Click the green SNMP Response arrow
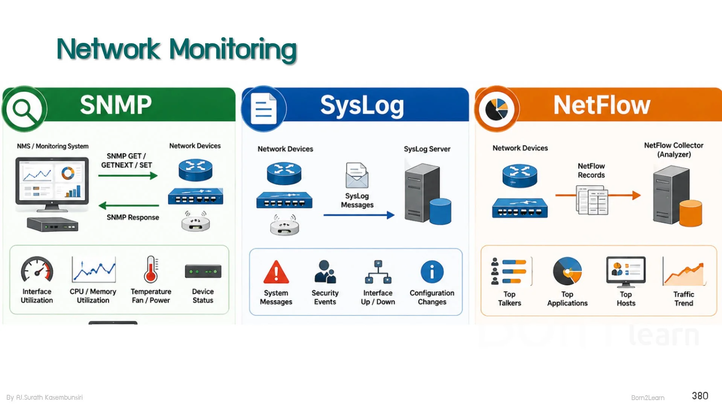click(129, 206)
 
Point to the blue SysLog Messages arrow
click(359, 215)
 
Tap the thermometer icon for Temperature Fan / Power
click(151, 270)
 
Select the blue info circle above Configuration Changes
click(432, 272)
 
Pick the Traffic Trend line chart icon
click(684, 272)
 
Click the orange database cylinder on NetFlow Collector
click(690, 213)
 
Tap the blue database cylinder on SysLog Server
click(440, 211)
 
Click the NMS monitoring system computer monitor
click(52, 184)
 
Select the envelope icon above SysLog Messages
click(357, 175)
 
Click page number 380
click(700, 396)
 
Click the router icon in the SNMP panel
click(195, 170)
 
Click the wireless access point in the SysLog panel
click(284, 225)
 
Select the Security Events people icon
click(325, 272)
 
